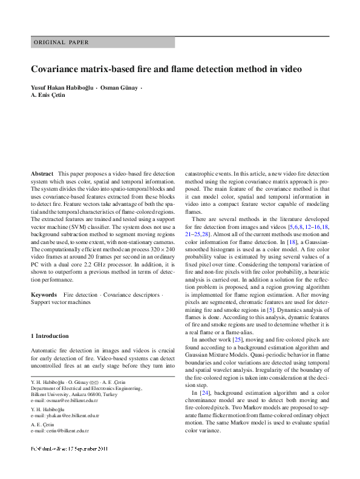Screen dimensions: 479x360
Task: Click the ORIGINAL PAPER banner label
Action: (x=61, y=42)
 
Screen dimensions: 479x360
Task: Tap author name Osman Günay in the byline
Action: (x=119, y=88)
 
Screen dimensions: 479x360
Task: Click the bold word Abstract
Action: (x=42, y=174)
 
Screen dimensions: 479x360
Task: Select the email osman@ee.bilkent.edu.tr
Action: (x=72, y=401)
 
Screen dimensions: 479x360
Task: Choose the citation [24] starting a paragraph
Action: (x=205, y=394)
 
